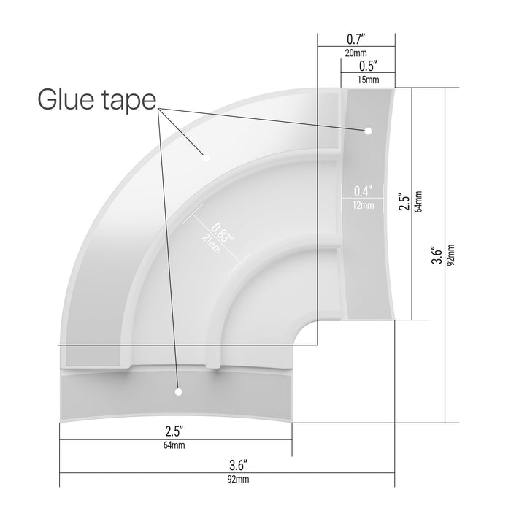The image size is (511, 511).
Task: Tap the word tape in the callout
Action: tap(129, 101)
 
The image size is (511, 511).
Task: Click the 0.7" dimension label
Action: tap(356, 39)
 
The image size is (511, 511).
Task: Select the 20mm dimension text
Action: tap(356, 53)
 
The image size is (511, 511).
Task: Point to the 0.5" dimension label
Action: tap(368, 66)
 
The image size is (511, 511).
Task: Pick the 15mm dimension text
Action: tap(368, 80)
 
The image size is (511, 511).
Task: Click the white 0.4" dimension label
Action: tap(363, 191)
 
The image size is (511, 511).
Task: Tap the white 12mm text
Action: tap(363, 205)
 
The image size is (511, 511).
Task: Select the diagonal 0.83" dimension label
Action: tap(223, 233)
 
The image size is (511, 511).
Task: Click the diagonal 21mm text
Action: tap(211, 243)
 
